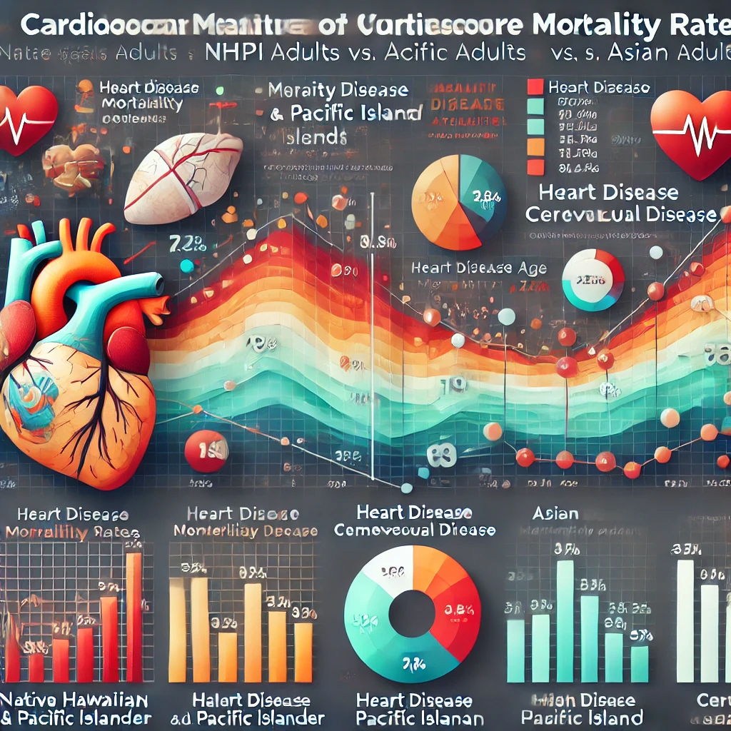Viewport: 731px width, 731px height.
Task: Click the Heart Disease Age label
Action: [479, 268]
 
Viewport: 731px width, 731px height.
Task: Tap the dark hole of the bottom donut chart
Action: [412, 613]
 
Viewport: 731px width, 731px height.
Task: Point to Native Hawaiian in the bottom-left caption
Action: [75, 699]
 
